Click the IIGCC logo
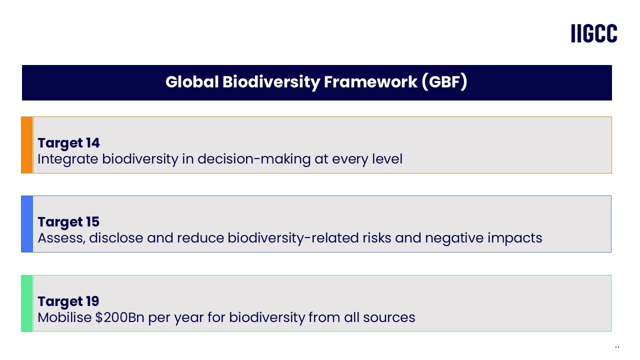click(x=594, y=33)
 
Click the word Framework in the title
click(x=370, y=82)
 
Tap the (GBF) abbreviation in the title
click(x=444, y=82)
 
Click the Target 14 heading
click(x=68, y=143)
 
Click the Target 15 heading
click(x=68, y=222)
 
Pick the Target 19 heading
click(x=68, y=301)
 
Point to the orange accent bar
click(x=26, y=145)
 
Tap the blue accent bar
click(x=26, y=224)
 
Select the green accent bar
click(x=26, y=303)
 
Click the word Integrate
click(x=68, y=159)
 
